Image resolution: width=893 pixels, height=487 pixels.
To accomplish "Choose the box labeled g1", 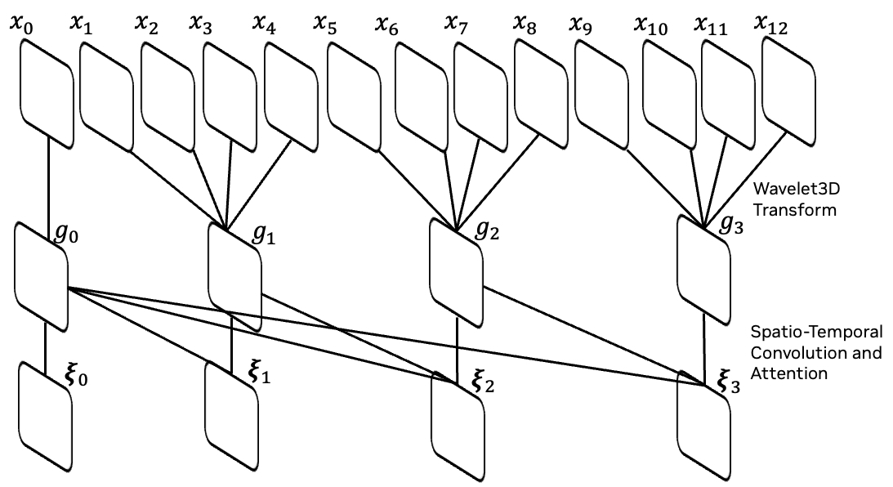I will (235, 275).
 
